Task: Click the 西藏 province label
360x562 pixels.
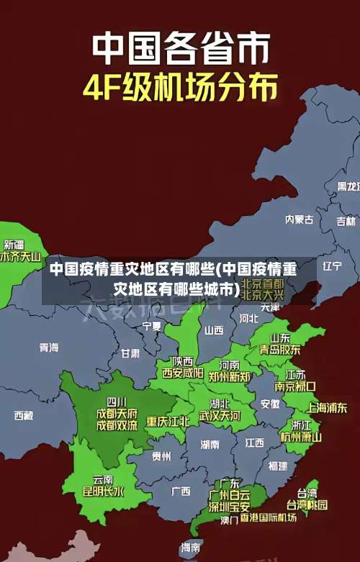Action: tap(23, 415)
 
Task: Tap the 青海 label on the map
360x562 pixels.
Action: tap(49, 347)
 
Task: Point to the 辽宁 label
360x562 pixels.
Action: tap(332, 266)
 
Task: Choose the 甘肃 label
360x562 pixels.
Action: tap(130, 353)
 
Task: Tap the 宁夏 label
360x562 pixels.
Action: tap(152, 326)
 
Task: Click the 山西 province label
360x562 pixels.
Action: tap(214, 330)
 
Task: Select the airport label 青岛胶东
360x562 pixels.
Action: tap(280, 349)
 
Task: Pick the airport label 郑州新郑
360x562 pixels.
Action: tap(230, 376)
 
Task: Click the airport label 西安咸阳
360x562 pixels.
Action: tap(182, 373)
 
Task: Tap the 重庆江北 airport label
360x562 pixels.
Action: tap(168, 420)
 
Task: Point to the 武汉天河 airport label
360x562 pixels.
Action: tap(220, 415)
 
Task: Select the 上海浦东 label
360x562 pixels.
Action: tap(327, 407)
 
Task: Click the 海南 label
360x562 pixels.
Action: tap(190, 548)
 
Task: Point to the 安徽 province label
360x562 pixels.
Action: tap(270, 404)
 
